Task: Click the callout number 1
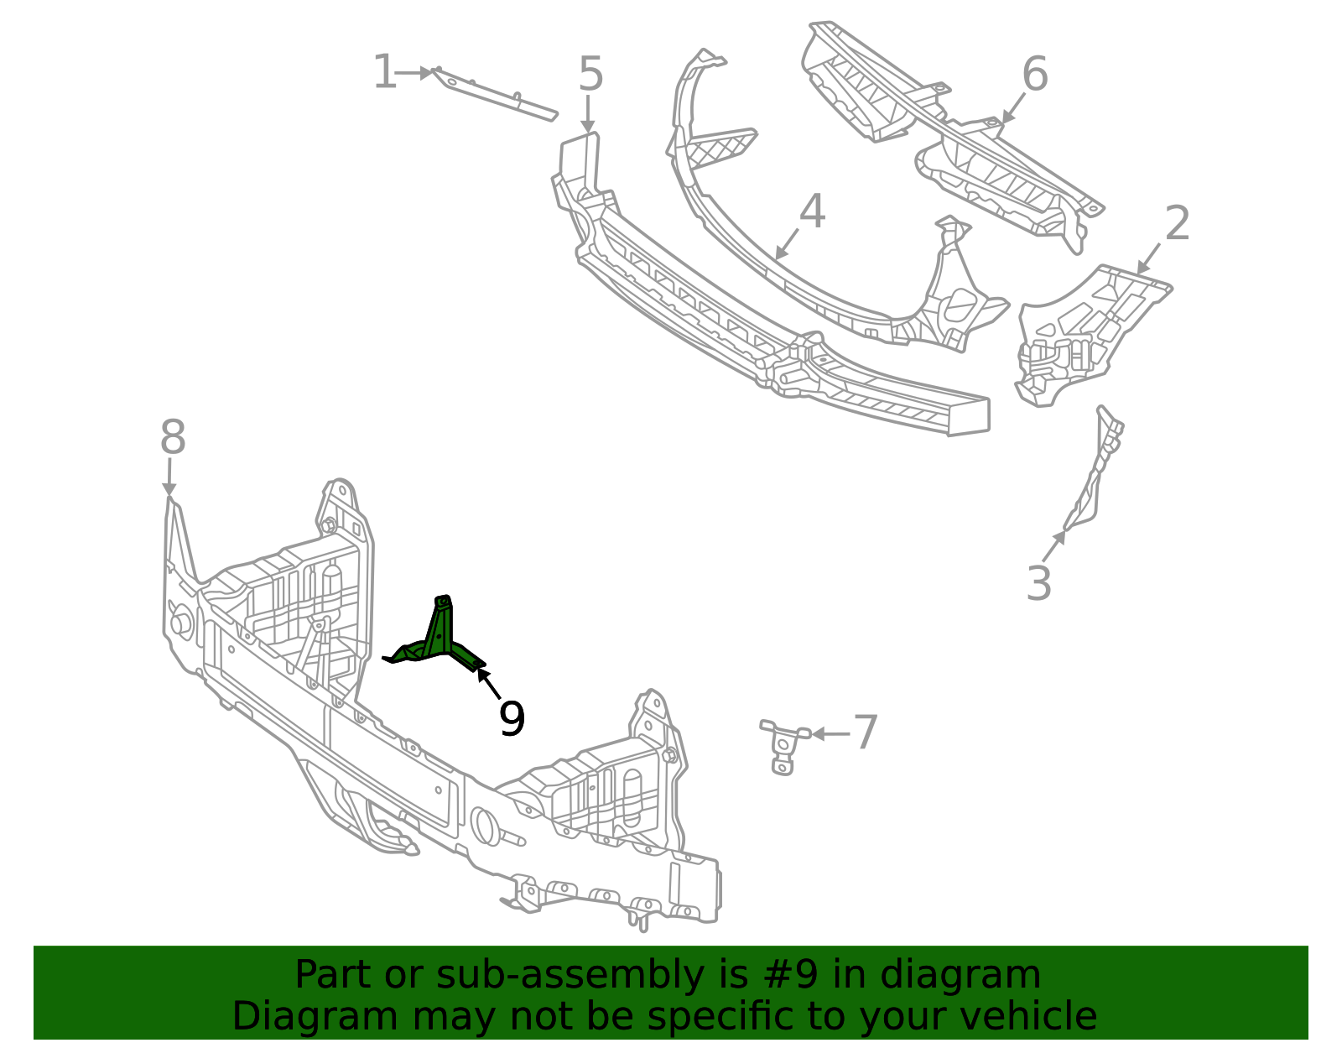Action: click(385, 72)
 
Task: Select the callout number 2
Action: click(1177, 223)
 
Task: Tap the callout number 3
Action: click(1038, 583)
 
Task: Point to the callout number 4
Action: click(812, 211)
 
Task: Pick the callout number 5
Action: click(590, 74)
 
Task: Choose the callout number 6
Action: click(1035, 74)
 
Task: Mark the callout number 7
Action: click(866, 733)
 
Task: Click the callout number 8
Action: click(173, 436)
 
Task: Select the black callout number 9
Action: click(512, 718)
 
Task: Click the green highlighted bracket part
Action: click(440, 642)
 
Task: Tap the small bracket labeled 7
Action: click(783, 746)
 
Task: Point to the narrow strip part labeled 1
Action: click(494, 94)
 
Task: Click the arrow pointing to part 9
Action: click(488, 683)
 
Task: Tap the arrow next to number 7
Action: click(830, 733)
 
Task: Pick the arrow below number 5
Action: click(588, 114)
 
